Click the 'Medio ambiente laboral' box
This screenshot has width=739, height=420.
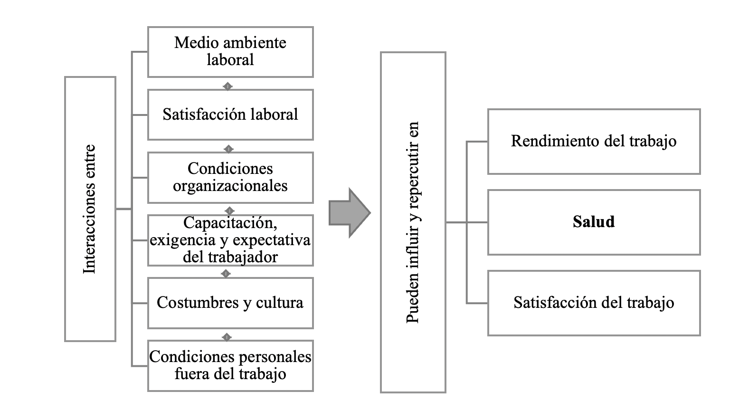pos(230,52)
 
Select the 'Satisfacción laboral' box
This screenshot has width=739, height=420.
pos(230,115)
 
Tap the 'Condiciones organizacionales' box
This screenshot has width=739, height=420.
pos(230,177)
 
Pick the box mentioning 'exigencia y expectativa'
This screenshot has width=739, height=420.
pos(230,240)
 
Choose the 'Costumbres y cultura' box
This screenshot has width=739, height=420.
pos(230,303)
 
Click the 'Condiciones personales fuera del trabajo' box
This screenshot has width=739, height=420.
pos(230,365)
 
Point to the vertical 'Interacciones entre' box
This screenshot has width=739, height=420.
pos(90,209)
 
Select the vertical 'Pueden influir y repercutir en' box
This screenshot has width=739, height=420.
pos(413,222)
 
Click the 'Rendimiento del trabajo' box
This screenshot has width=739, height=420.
pos(594,142)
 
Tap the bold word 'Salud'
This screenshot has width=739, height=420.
pos(594,222)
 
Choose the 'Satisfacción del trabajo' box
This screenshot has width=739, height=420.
pos(594,303)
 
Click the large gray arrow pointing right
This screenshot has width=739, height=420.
pos(350,212)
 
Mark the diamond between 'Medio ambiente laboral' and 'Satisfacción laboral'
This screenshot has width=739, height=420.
pos(228,86)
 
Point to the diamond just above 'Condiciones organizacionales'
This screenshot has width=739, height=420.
pos(228,149)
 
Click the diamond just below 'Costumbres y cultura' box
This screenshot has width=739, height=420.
pos(227,337)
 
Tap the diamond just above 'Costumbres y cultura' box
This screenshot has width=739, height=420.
pos(226,274)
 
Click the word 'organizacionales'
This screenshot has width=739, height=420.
pos(230,186)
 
